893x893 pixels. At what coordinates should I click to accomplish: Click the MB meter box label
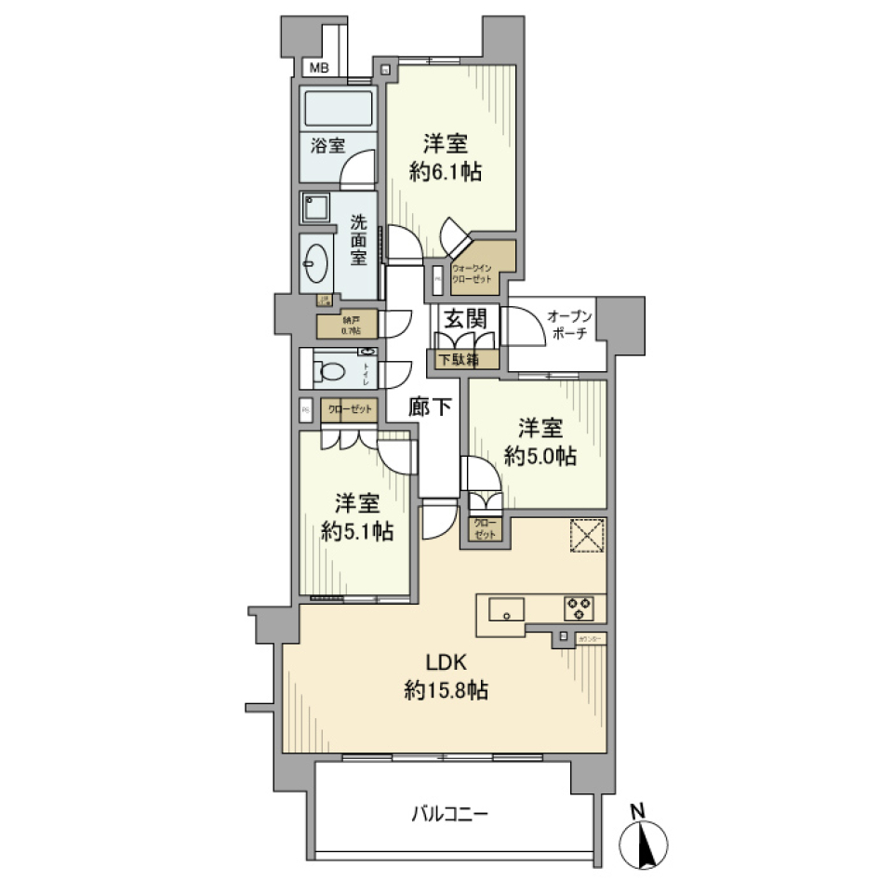tap(319, 68)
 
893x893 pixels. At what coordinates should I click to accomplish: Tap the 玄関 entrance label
tap(464, 318)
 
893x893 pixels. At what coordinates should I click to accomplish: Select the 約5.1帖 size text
tap(357, 532)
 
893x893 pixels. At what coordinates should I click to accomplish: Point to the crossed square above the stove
tap(587, 535)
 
